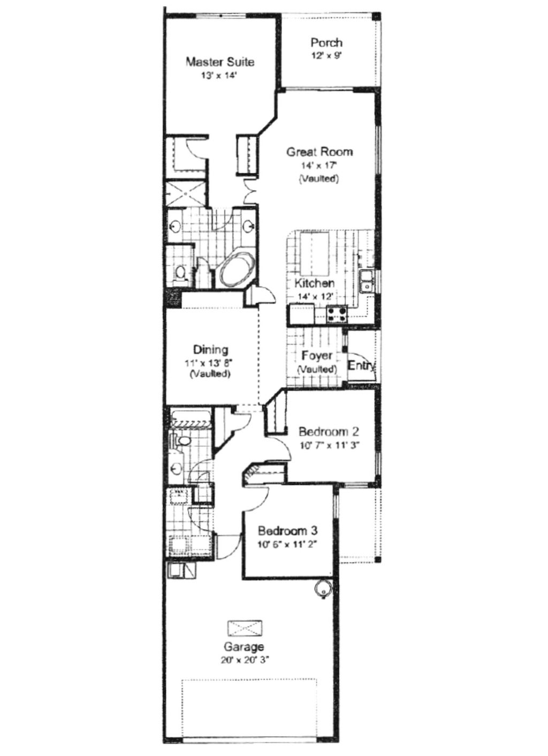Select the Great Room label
tap(319, 152)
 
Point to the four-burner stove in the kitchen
tap(337, 314)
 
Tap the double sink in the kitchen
tap(367, 281)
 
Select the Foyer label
tap(316, 356)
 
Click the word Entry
tap(361, 365)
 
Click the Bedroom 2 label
tap(328, 431)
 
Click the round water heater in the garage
tap(323, 588)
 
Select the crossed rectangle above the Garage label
tap(245, 627)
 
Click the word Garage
tap(243, 647)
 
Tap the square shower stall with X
tap(185, 193)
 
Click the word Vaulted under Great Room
tap(319, 178)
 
